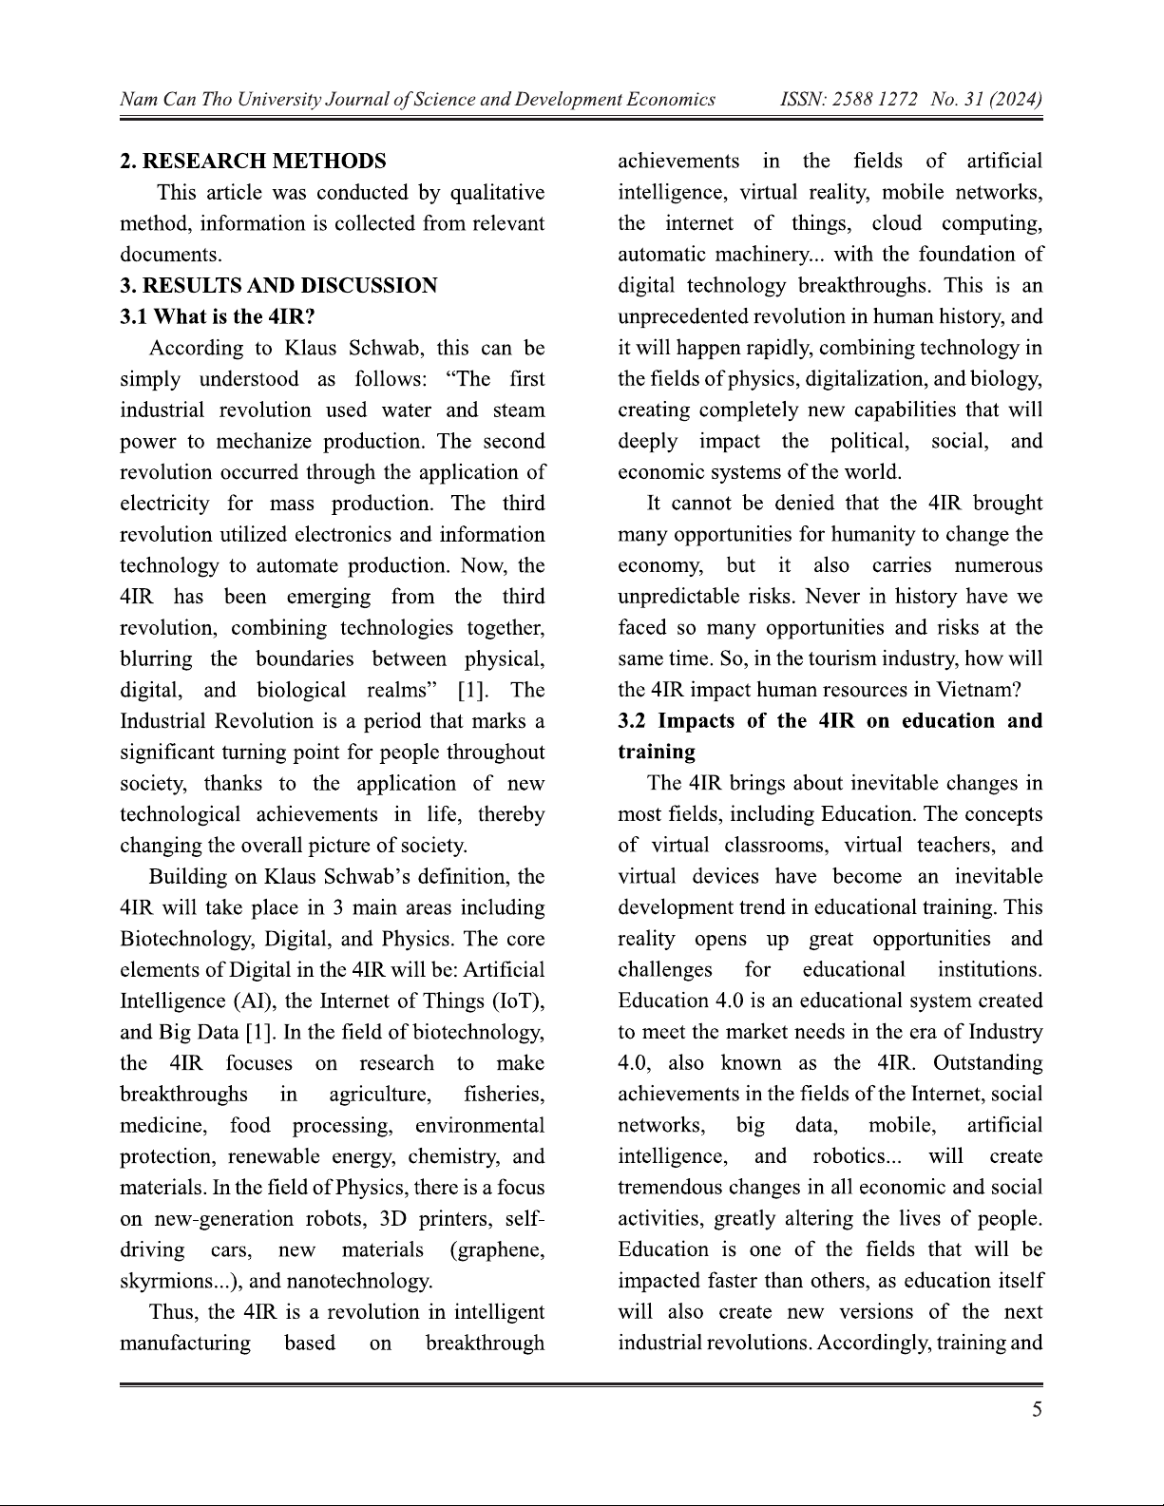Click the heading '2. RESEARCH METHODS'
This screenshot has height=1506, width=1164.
pyautogui.click(x=253, y=161)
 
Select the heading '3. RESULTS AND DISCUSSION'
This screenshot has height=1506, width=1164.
pyautogui.click(x=278, y=285)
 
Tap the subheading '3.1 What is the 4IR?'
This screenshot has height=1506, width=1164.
pyautogui.click(x=217, y=316)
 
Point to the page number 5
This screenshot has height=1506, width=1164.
pyautogui.click(x=1037, y=1409)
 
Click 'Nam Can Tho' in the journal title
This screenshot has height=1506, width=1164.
pyautogui.click(x=170, y=100)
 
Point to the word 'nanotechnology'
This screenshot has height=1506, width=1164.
pyautogui.click(x=358, y=1281)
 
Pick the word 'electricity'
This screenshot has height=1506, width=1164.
pyautogui.click(x=164, y=504)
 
